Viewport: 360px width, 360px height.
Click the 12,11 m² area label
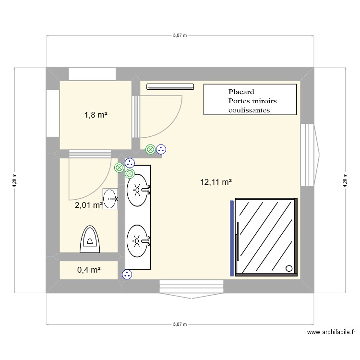coord(216,182)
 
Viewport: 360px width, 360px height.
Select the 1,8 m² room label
coord(96,115)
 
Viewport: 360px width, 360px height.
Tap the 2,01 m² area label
coord(88,205)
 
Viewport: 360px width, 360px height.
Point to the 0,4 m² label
coord(89,270)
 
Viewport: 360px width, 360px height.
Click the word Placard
coord(241,92)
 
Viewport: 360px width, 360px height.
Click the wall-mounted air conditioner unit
coord(170,87)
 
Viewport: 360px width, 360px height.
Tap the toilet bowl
coord(90,239)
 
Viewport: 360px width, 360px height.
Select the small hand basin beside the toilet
coord(111,198)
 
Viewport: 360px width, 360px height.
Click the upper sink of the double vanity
coord(138,190)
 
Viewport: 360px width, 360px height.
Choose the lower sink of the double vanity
coord(138,239)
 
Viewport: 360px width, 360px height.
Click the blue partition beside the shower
coord(232,238)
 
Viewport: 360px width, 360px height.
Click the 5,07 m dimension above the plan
coord(180,36)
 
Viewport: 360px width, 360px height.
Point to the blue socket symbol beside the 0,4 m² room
coord(127,275)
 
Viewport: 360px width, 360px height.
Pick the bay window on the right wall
coord(310,155)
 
